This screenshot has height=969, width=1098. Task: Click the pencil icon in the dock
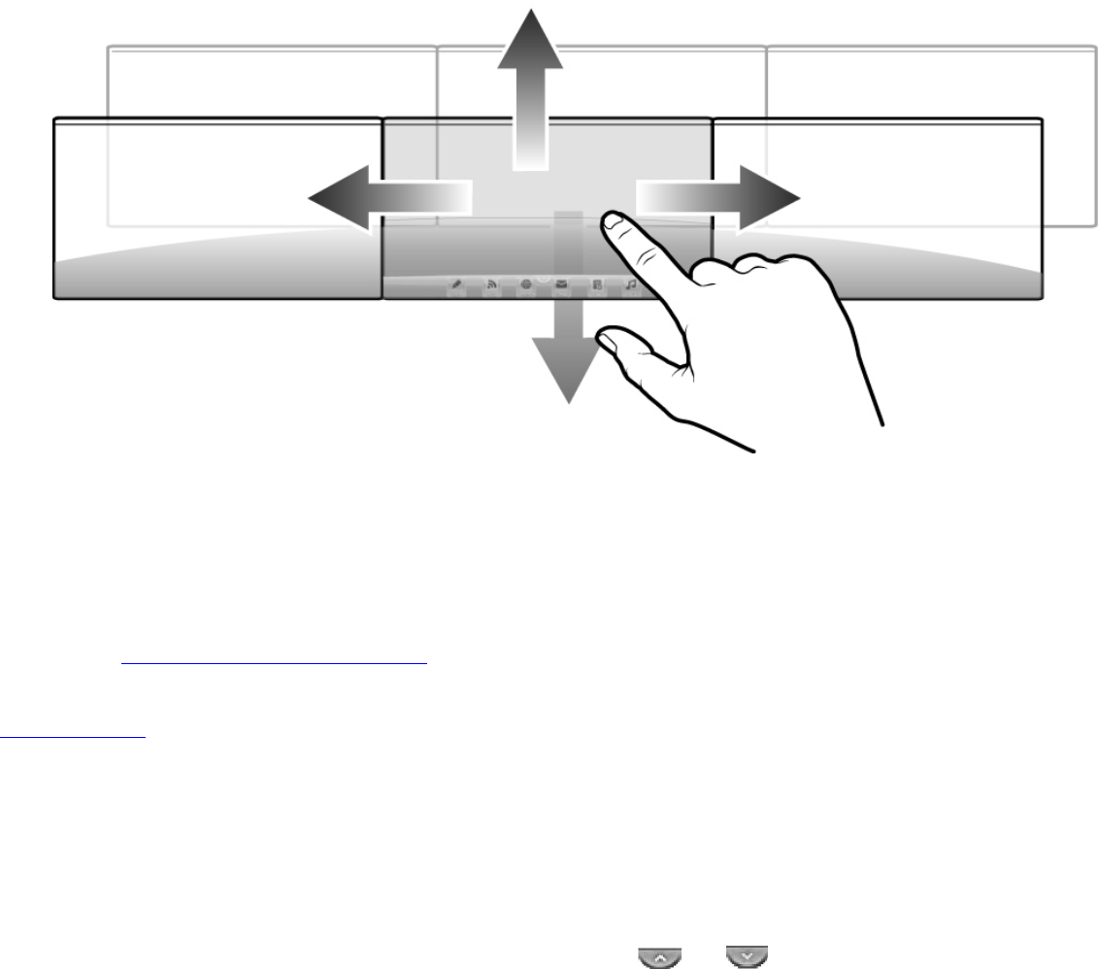(455, 284)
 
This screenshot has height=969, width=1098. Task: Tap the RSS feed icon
(491, 284)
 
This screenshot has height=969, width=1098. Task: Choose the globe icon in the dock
(526, 284)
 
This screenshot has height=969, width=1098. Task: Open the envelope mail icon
(561, 284)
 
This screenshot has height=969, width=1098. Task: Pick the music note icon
(631, 284)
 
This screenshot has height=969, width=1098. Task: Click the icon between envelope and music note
(596, 284)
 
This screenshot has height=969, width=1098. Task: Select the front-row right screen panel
(878, 208)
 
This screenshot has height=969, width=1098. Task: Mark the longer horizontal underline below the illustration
(275, 665)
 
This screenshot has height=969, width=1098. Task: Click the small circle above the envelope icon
(544, 276)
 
